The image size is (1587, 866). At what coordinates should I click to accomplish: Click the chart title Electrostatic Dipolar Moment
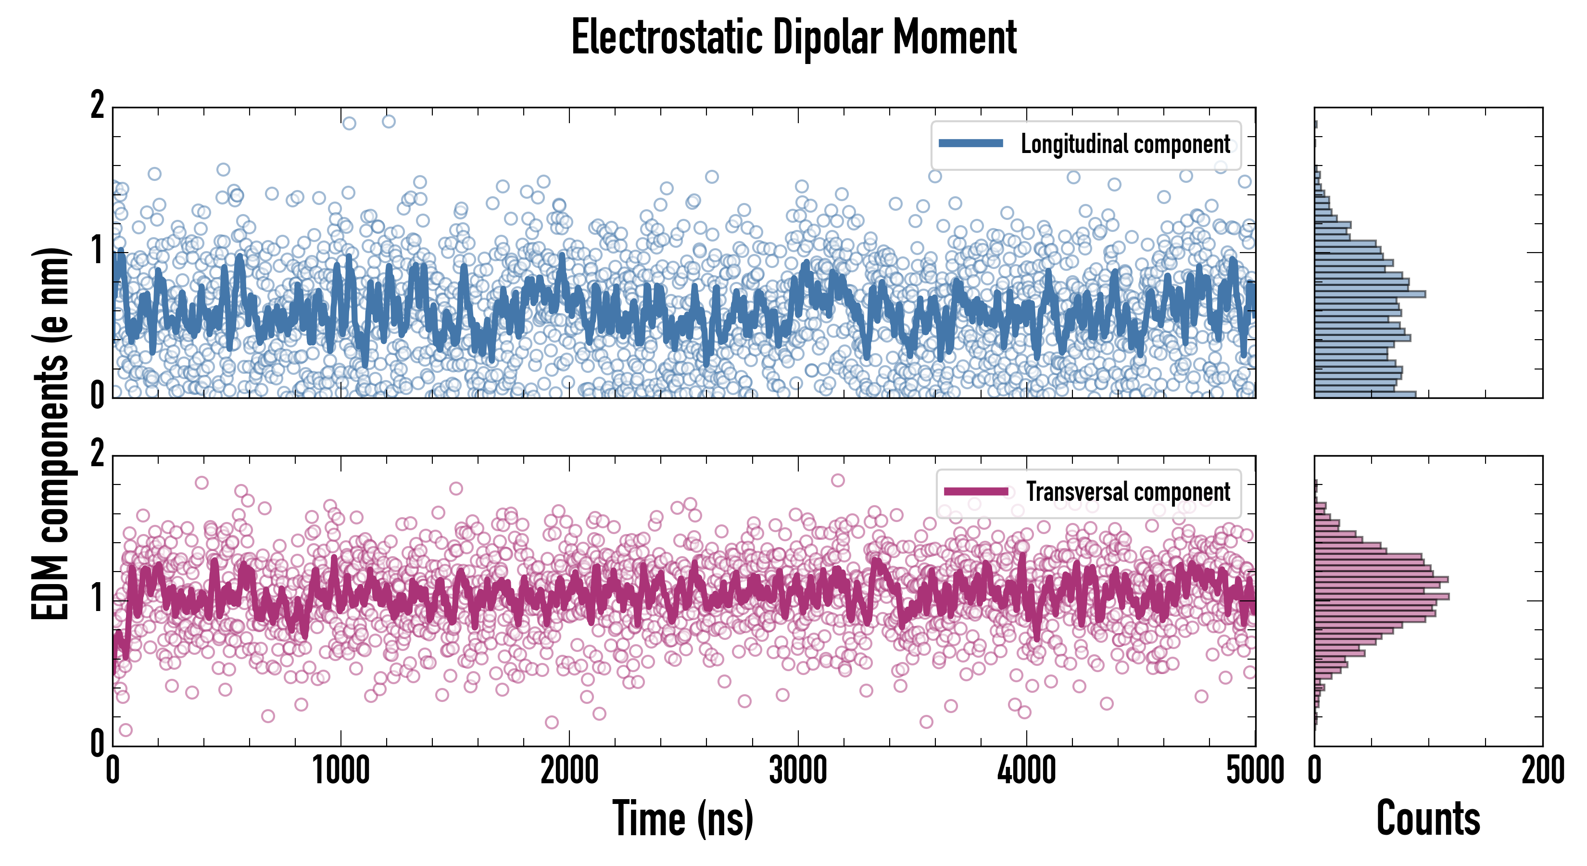tap(793, 38)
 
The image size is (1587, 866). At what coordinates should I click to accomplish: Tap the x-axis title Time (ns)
tap(682, 818)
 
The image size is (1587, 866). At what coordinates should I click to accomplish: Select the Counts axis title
tap(1428, 818)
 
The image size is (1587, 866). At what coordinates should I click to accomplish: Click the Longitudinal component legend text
tap(1125, 144)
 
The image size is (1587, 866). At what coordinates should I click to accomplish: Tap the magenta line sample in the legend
tap(976, 491)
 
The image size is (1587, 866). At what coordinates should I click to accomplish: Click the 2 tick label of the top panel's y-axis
tap(97, 106)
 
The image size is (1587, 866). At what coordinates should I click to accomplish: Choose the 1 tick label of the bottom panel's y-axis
tap(97, 599)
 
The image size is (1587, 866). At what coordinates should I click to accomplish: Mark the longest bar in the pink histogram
tap(1381, 597)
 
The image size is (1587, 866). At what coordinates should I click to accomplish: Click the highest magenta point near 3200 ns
tap(837, 480)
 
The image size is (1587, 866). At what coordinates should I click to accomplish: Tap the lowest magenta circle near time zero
tap(125, 730)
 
